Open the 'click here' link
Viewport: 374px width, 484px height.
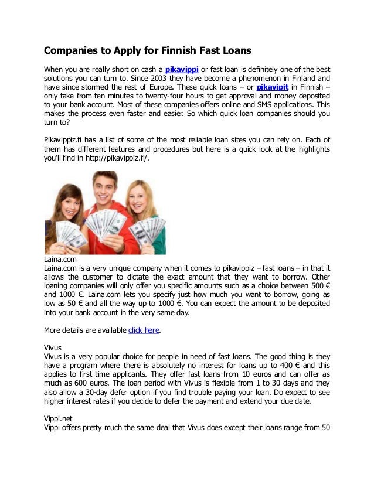point(144,330)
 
